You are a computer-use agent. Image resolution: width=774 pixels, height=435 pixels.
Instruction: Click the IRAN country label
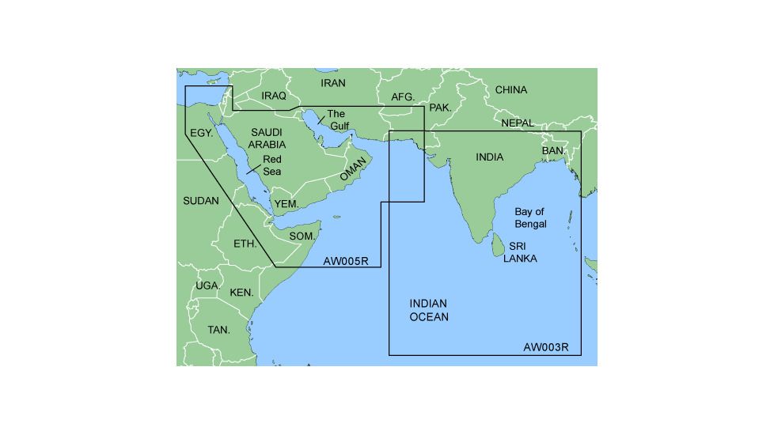[x=333, y=83]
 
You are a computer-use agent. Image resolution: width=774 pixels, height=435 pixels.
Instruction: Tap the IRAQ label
[x=273, y=96]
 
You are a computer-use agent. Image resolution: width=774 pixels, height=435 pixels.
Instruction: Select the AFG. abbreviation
[x=403, y=97]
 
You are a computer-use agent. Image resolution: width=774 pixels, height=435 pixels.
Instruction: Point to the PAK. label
[x=440, y=107]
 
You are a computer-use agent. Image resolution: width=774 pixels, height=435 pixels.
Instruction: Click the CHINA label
[x=510, y=90]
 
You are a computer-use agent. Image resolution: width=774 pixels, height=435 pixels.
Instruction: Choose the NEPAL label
[x=517, y=123]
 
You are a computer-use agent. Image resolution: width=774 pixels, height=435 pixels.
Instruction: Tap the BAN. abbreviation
[x=553, y=150]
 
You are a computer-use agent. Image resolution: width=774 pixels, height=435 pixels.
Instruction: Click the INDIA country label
[x=489, y=157]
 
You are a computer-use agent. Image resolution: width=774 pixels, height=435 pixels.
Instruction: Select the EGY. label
[x=202, y=134]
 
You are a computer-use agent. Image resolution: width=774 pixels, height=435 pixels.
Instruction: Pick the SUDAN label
[x=200, y=201]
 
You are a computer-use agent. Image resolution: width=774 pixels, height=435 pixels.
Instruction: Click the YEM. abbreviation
[x=286, y=204]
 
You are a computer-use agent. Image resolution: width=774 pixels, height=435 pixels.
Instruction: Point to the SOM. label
[x=302, y=236]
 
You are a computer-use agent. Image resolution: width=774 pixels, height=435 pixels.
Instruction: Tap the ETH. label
[x=245, y=244]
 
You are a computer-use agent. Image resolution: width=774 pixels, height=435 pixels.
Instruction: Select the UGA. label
[x=207, y=286]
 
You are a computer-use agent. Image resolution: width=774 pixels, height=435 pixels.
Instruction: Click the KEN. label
[x=241, y=293]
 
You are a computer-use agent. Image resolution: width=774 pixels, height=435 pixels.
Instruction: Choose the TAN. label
[x=218, y=330]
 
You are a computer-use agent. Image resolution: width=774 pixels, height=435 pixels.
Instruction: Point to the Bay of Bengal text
[x=530, y=218]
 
